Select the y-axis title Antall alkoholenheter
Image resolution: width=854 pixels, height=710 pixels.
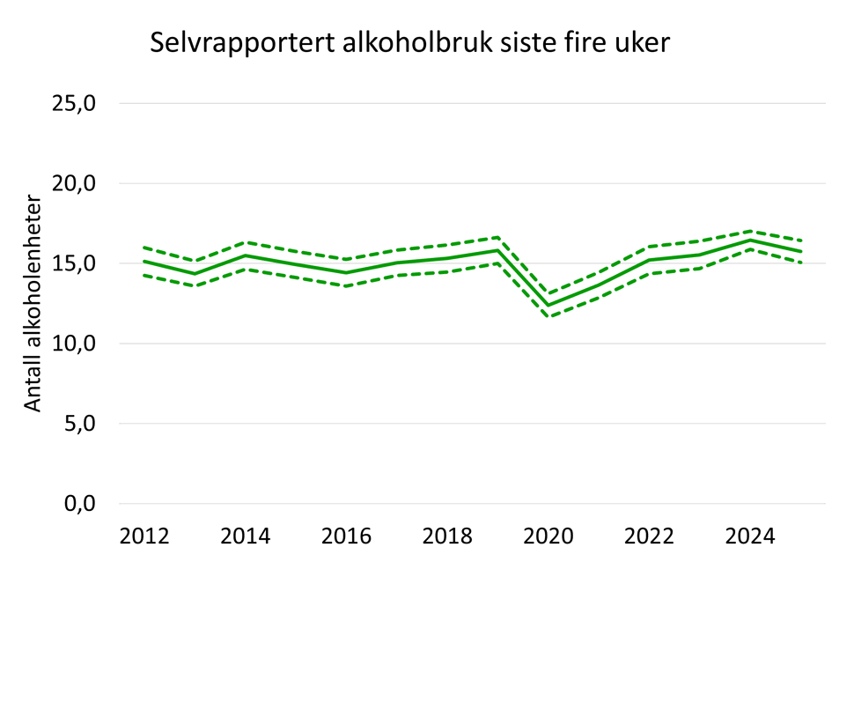click(x=33, y=302)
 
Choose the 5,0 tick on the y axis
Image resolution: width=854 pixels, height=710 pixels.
click(x=81, y=424)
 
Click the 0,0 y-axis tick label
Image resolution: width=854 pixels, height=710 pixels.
click(x=81, y=504)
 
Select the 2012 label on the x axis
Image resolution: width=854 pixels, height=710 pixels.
click(x=144, y=536)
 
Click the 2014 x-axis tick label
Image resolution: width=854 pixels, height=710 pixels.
click(x=245, y=536)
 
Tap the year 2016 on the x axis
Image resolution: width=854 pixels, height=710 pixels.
click(x=346, y=536)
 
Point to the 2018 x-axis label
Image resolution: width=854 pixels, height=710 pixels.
click(x=446, y=536)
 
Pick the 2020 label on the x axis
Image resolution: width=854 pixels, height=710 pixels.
click(x=548, y=536)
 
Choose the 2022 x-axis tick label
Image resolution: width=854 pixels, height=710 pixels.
click(x=649, y=536)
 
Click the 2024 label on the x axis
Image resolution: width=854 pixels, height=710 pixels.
click(x=750, y=536)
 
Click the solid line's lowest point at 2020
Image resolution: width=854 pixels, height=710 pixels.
click(x=548, y=306)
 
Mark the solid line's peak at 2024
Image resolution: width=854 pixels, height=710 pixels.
click(x=750, y=240)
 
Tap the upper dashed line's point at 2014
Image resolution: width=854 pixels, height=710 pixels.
click(x=245, y=242)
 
